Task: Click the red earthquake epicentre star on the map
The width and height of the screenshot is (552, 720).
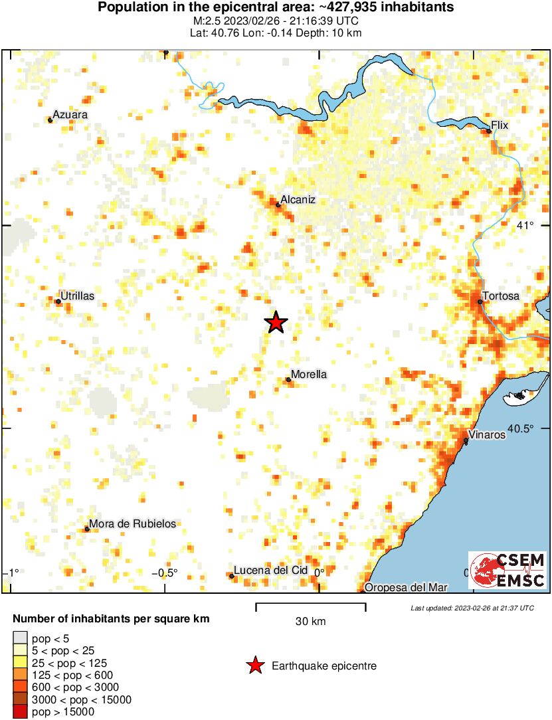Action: pyautogui.click(x=276, y=323)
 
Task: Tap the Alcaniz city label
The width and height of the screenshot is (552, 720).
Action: pyautogui.click(x=297, y=199)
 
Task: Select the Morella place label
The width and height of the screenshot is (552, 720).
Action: pyautogui.click(x=309, y=375)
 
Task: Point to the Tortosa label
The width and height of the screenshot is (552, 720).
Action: pyautogui.click(x=502, y=296)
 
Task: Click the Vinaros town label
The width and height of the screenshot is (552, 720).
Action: pyautogui.click(x=487, y=436)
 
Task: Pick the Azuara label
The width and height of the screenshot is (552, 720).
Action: pyautogui.click(x=70, y=115)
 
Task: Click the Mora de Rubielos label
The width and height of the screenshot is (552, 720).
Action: pyautogui.click(x=132, y=524)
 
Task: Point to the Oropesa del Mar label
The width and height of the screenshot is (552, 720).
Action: pyautogui.click(x=406, y=587)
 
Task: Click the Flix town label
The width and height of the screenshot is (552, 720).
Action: pyautogui.click(x=499, y=125)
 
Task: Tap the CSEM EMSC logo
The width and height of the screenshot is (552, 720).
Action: pyautogui.click(x=507, y=570)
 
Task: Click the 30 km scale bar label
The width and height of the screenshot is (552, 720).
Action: pyautogui.click(x=310, y=622)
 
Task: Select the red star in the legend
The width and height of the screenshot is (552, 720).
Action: pyautogui.click(x=254, y=666)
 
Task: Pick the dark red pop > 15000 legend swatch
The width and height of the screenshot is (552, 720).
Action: pyautogui.click(x=20, y=713)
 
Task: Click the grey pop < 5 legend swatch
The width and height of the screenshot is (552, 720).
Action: pyautogui.click(x=20, y=640)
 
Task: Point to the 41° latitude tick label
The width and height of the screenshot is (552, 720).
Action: pyautogui.click(x=525, y=226)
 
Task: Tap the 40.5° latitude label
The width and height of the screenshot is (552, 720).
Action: pyautogui.click(x=520, y=428)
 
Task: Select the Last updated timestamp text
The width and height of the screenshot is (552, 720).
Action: pyautogui.click(x=472, y=608)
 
